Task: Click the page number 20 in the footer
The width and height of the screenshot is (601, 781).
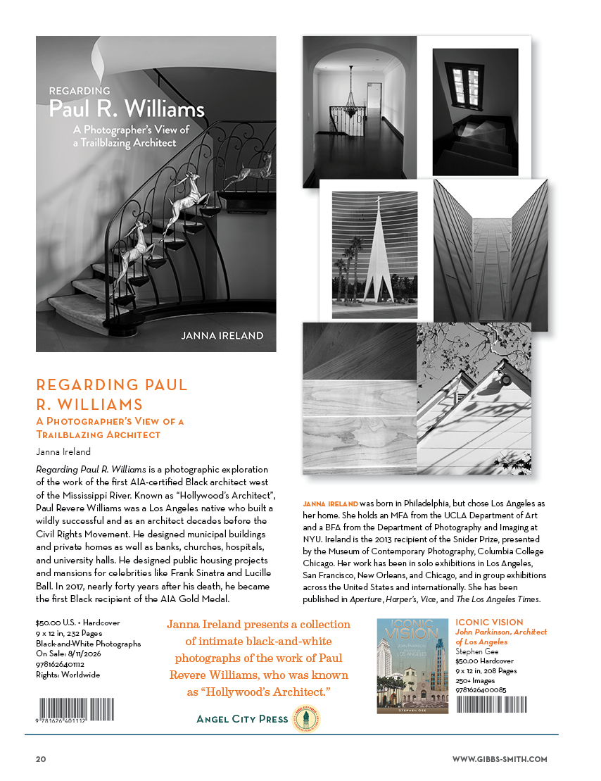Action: (41, 759)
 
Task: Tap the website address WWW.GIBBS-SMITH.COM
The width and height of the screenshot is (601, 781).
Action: (499, 759)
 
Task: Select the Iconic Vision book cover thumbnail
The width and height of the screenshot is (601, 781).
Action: (412, 666)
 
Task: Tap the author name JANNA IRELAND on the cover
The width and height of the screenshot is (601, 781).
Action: (222, 336)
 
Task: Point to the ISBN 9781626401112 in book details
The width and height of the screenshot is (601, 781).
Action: (59, 664)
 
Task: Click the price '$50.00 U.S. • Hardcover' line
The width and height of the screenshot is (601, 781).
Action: (69, 623)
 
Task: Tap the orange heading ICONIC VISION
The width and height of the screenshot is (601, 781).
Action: (489, 623)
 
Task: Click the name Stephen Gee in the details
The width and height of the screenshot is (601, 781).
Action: (476, 651)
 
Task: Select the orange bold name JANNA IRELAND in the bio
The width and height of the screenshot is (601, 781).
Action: (330, 504)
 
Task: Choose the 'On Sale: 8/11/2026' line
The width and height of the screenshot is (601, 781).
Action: (68, 654)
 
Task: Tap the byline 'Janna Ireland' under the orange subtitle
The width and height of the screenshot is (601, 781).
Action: (63, 451)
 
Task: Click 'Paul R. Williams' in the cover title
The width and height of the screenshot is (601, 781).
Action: (127, 110)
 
